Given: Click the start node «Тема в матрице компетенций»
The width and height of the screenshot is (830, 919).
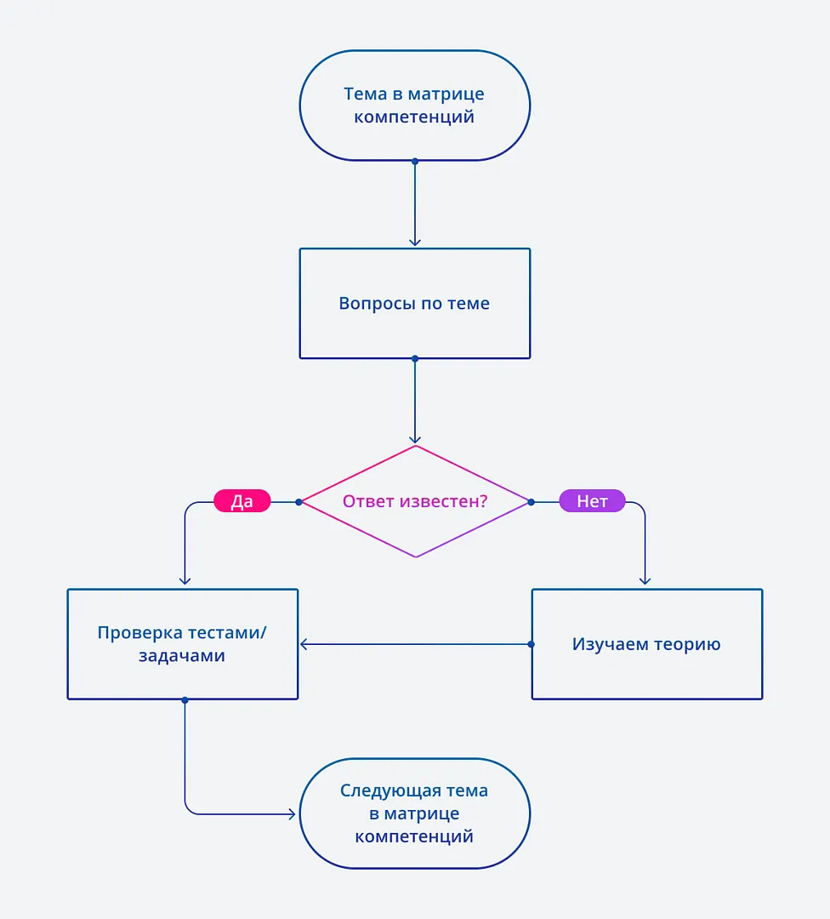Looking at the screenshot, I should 414,106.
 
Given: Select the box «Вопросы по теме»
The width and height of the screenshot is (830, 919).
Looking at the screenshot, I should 414,304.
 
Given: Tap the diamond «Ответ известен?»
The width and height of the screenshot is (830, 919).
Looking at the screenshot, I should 415,501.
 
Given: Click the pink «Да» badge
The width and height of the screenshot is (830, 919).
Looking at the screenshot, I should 242,501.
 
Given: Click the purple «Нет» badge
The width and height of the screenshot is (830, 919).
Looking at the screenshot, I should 592,501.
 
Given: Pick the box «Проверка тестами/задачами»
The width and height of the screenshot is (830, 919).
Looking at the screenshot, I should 182,644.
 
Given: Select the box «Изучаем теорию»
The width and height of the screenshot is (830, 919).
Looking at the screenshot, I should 646,644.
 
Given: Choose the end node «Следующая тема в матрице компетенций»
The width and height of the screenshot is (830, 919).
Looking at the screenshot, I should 414,813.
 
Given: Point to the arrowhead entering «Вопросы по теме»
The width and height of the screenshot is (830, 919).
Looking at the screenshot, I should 415,242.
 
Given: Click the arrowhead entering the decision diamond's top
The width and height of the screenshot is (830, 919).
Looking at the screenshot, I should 415,439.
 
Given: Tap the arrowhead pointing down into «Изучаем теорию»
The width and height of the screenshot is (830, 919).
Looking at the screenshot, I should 645,580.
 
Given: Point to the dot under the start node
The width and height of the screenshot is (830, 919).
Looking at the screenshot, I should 415,161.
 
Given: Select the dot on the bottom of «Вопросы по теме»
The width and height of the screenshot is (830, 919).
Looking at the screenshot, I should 415,358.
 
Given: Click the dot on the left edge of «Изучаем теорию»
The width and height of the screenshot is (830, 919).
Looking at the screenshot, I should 532,644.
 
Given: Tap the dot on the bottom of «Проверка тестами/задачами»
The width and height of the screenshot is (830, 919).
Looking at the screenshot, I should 185,699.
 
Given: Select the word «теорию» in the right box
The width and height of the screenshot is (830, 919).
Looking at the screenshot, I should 686,644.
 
